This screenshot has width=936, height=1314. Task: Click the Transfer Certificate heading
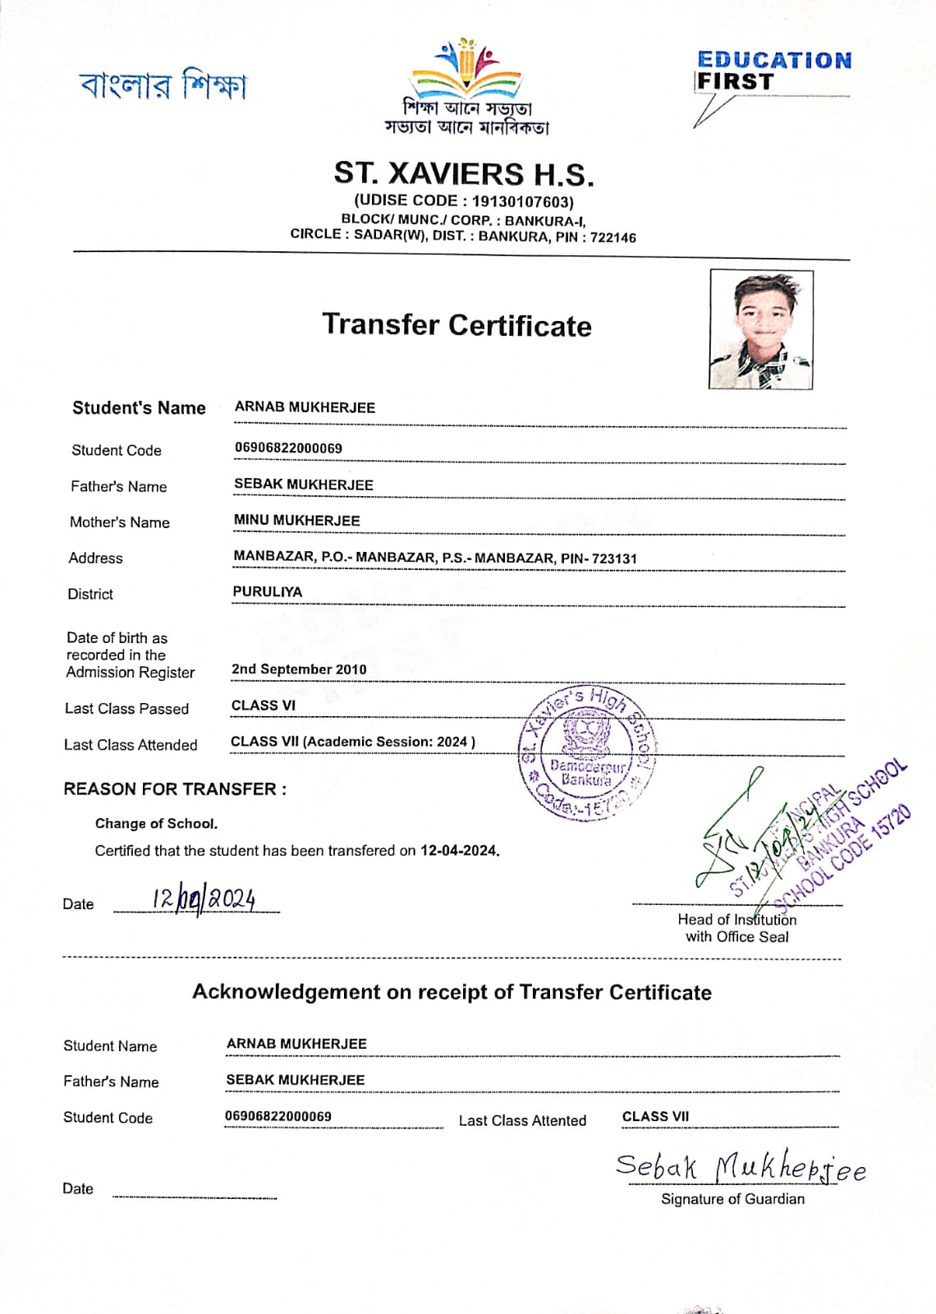click(457, 325)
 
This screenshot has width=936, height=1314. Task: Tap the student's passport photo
click(761, 329)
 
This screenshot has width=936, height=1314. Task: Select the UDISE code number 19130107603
click(522, 201)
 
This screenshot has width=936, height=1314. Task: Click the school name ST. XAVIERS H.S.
click(463, 174)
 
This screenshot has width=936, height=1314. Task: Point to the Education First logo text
click(773, 71)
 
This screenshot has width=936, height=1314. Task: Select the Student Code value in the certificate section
click(288, 448)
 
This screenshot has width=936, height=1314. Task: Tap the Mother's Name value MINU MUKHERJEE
click(296, 521)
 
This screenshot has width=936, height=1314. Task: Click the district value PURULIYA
click(268, 592)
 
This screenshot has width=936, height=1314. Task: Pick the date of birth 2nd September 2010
click(299, 669)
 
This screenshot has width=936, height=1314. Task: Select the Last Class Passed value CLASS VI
click(263, 705)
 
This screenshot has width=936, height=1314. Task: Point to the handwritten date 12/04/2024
click(204, 898)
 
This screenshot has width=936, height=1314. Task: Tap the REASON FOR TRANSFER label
click(175, 789)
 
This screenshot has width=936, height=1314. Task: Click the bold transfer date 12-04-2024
click(459, 851)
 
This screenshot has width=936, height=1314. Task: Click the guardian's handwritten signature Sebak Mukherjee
click(740, 1167)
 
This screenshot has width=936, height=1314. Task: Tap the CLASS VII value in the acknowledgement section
click(655, 1117)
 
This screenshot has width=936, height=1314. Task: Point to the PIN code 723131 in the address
click(614, 558)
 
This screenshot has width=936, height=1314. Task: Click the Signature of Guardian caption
click(732, 1199)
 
